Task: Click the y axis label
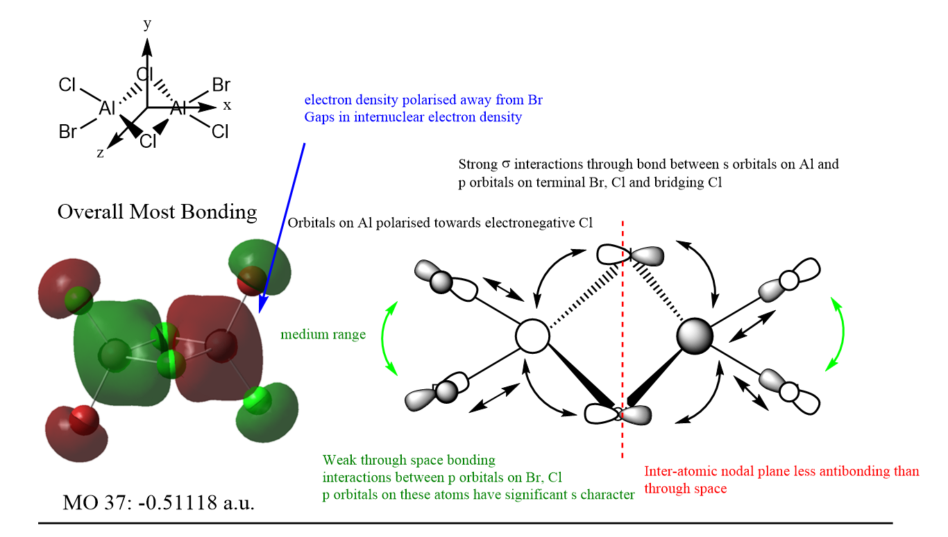[x=147, y=25]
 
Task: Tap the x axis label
[x=227, y=105]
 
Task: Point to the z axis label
[x=101, y=153]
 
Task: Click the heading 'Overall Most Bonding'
[x=157, y=212]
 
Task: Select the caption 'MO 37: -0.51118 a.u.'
[x=158, y=502]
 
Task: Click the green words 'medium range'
[x=323, y=334]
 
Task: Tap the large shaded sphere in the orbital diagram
[x=695, y=336]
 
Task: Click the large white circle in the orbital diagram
[x=533, y=336]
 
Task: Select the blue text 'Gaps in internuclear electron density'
[x=413, y=117]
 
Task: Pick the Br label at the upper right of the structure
[x=221, y=85]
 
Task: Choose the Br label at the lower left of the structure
[x=68, y=131]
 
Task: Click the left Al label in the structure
[x=108, y=108]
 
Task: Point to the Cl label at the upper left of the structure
[x=67, y=85]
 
